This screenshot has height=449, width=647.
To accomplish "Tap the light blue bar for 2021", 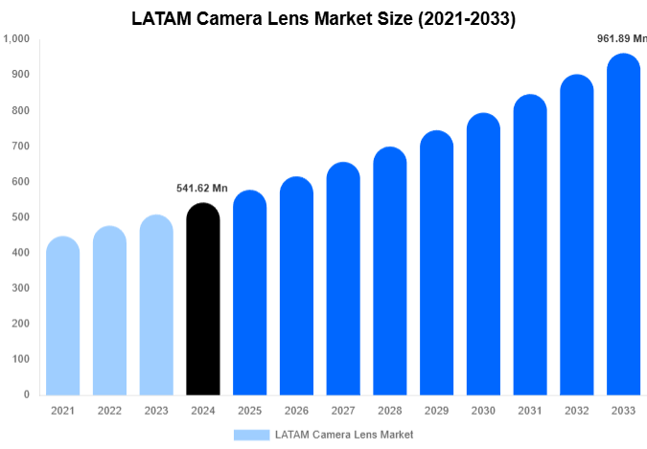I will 62,316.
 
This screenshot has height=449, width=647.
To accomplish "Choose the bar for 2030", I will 484,254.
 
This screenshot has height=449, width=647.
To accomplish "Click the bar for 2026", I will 296,286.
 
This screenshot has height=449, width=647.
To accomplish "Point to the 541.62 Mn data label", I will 203,189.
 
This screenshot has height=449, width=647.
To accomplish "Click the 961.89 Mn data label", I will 621,38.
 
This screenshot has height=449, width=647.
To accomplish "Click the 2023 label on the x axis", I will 156,411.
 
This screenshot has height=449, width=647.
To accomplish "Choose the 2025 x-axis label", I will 249,411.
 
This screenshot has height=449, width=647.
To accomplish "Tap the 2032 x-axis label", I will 577,411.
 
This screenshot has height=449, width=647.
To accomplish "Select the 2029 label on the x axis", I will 437,411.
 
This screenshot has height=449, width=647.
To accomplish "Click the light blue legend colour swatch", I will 251,435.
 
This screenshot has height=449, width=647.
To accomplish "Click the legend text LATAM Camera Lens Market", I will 344,435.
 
